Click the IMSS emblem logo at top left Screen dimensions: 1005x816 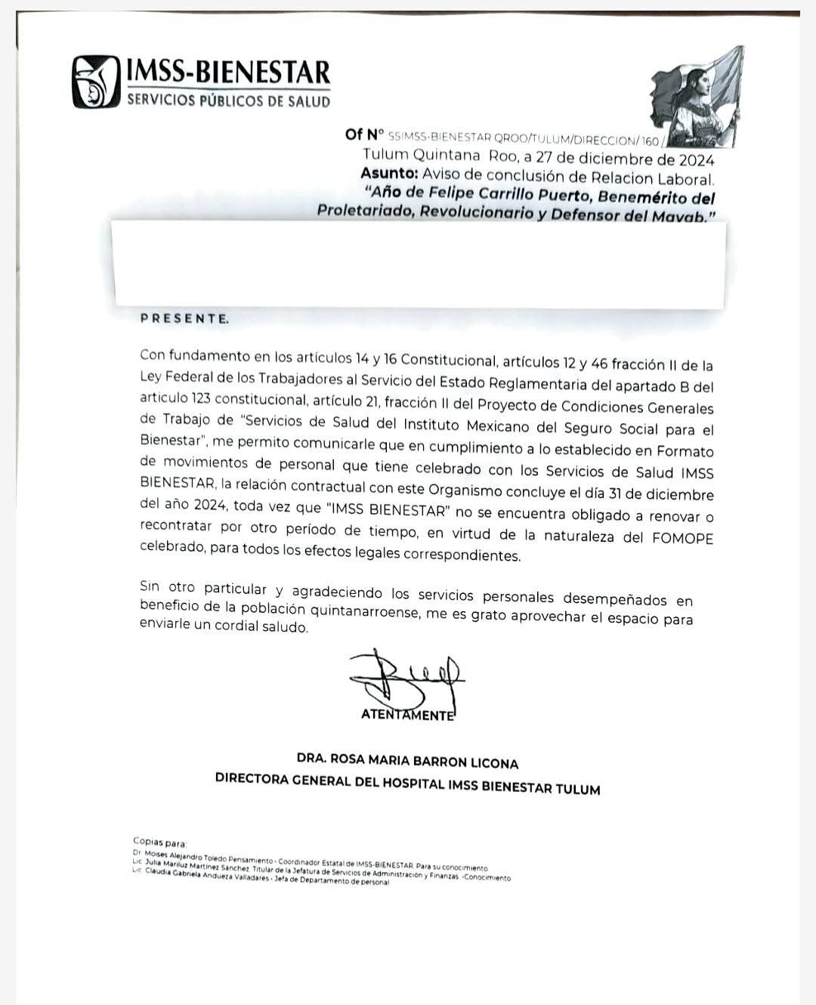pyautogui.click(x=95, y=82)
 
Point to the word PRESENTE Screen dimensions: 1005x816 pyautogui.click(x=184, y=318)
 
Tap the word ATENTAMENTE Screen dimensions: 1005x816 pyautogui.click(x=408, y=715)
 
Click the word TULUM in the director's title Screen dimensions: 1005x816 pyautogui.click(x=578, y=790)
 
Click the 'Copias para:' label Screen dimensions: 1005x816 pyautogui.click(x=159, y=842)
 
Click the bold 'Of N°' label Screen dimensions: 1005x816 pyautogui.click(x=365, y=135)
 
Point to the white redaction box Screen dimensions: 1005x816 pyautogui.click(x=419, y=262)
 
